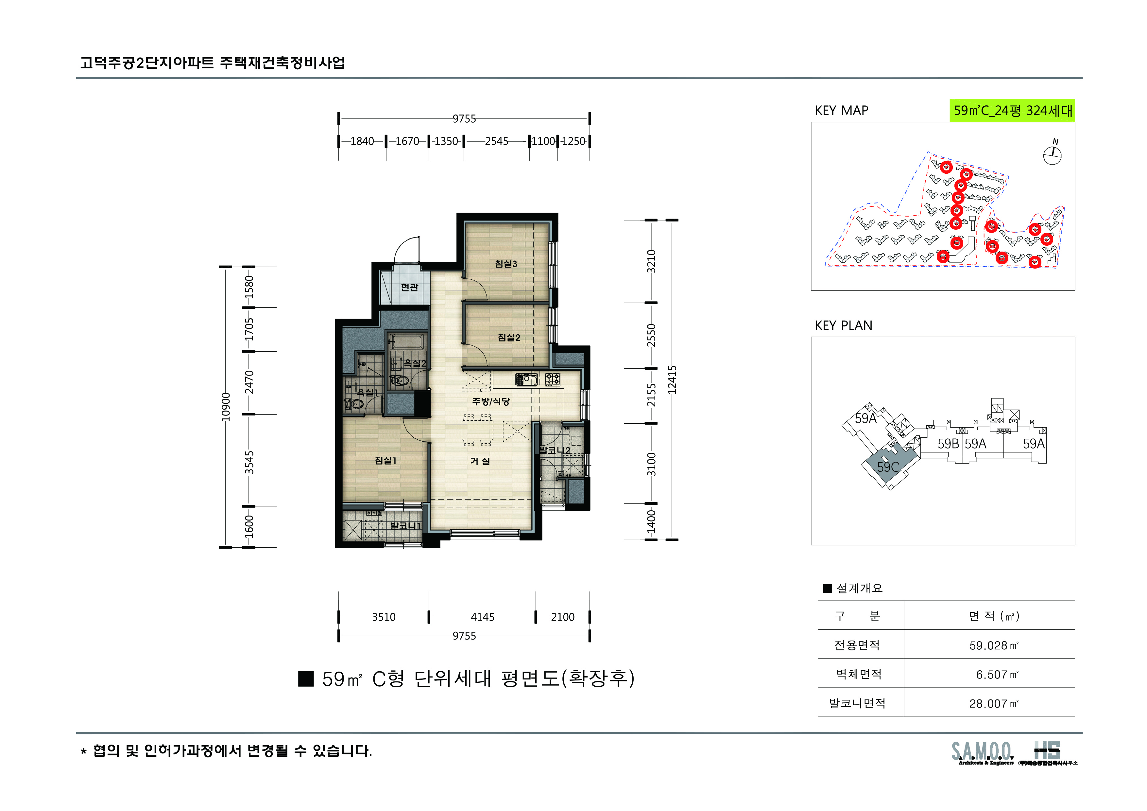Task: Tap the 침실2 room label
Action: (x=508, y=338)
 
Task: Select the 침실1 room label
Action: (x=385, y=461)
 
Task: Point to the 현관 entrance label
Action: (x=409, y=287)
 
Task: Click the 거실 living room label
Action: (x=480, y=461)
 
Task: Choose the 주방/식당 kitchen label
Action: (x=490, y=401)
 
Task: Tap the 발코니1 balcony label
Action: (x=405, y=526)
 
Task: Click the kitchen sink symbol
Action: (x=526, y=380)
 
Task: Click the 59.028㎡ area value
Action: (x=993, y=645)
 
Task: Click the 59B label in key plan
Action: (x=948, y=444)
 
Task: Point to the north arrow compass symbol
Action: (x=1052, y=155)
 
